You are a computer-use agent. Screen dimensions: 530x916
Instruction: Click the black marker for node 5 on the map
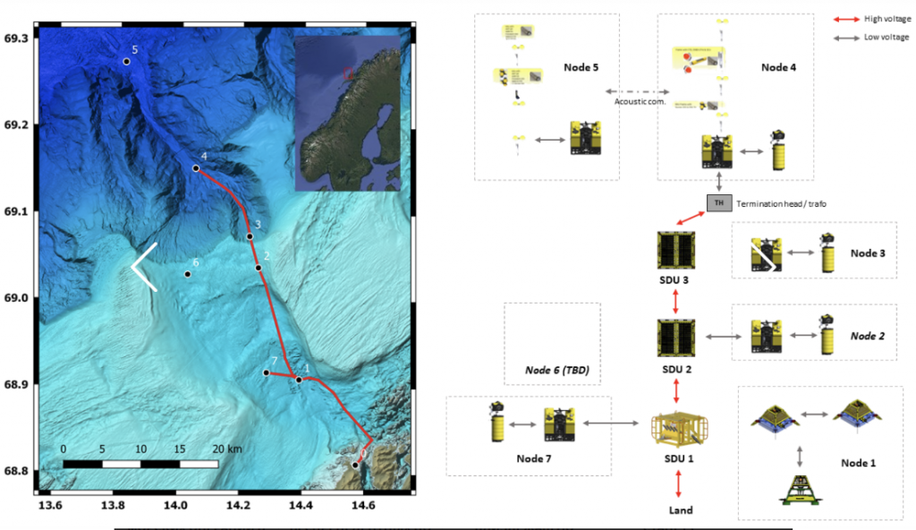tap(126, 62)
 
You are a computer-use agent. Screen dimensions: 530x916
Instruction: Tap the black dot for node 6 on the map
tap(187, 274)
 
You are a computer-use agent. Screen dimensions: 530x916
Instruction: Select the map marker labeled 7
tap(266, 372)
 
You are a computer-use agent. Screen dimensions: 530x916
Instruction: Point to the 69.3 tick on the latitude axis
tap(16, 38)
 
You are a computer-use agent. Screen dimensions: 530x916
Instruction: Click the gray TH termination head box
tap(718, 203)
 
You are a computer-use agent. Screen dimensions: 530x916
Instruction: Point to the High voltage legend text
tap(885, 18)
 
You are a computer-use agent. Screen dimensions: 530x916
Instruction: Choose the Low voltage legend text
tap(885, 38)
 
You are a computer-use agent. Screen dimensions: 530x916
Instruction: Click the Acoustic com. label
tap(638, 101)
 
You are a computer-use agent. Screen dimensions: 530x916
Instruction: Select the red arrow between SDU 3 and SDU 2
tap(675, 303)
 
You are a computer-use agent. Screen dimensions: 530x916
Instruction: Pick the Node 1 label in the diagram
tap(859, 463)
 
